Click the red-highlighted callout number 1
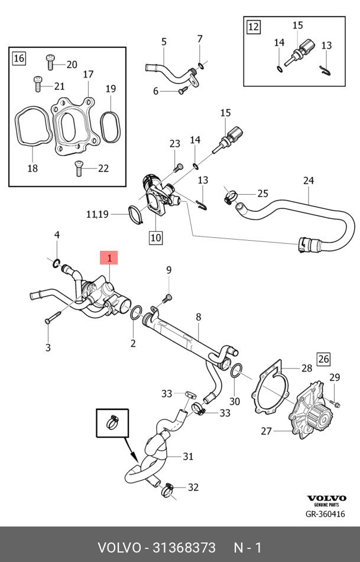109,257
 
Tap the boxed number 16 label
19,58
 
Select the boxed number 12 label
253,27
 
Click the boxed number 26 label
323,358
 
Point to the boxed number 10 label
155,238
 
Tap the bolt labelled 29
336,403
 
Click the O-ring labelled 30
235,371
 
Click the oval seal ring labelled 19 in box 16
109,126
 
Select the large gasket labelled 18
27,127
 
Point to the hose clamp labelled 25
230,196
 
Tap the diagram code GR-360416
325,514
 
